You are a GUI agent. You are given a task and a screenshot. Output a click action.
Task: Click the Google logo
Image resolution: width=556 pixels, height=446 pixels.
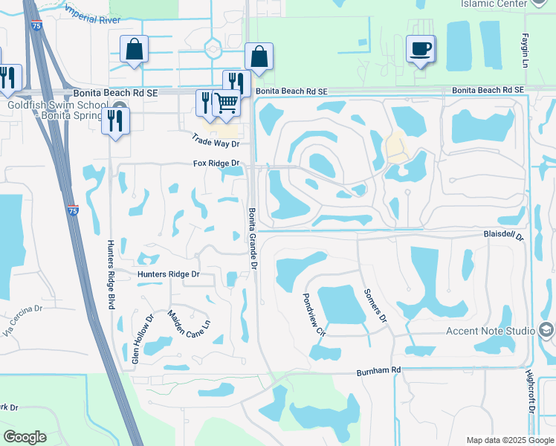pyautogui.click(x=25, y=437)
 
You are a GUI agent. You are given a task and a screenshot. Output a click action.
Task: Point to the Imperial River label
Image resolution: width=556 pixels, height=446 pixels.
pyautogui.click(x=94, y=14)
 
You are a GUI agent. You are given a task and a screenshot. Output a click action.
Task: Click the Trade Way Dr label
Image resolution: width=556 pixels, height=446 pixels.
pyautogui.click(x=216, y=139)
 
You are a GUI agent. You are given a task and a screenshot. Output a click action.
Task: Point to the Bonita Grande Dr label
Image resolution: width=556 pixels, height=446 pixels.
pyautogui.click(x=253, y=237)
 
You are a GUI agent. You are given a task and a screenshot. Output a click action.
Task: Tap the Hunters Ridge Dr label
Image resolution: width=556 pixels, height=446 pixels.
pyautogui.click(x=169, y=274)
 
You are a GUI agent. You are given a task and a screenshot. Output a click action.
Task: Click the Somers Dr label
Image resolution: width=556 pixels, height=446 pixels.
pyautogui.click(x=375, y=306)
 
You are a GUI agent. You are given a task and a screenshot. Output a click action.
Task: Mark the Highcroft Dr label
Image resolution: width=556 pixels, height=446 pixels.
pyautogui.click(x=531, y=392)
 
